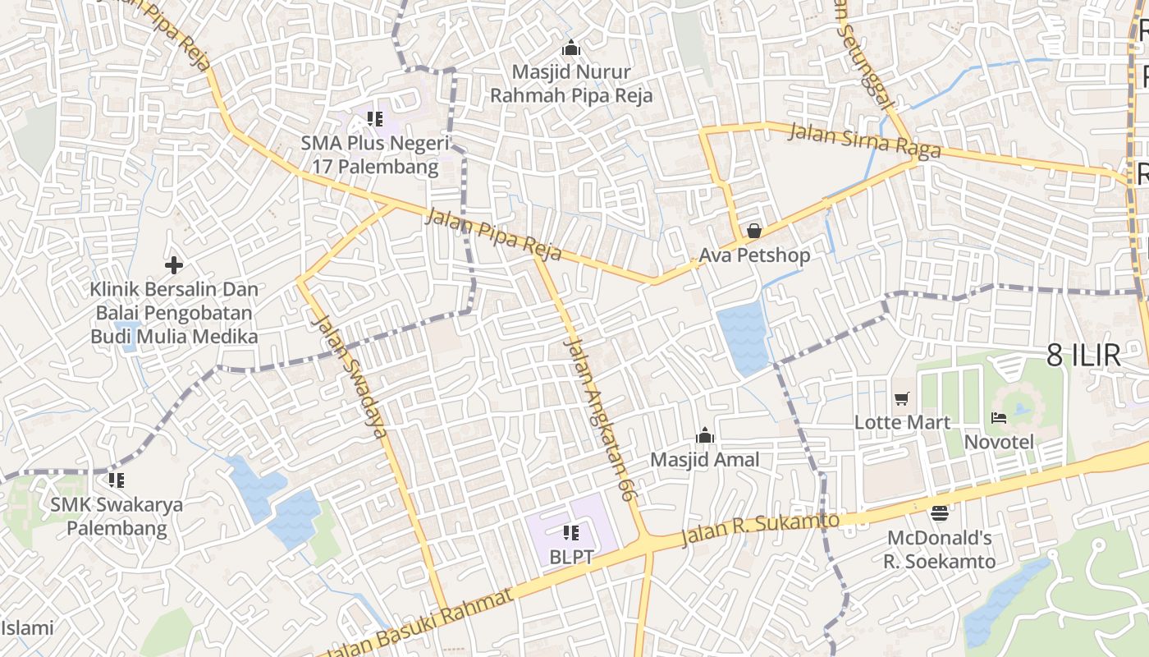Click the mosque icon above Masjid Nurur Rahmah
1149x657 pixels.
[571, 48]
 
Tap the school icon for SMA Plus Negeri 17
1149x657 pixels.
[375, 119]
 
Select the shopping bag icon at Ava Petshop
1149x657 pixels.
[753, 231]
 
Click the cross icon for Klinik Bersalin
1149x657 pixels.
[173, 265]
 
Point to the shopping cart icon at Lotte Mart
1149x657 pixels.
[902, 399]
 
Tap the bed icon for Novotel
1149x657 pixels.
[999, 418]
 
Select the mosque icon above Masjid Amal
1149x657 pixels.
[704, 435]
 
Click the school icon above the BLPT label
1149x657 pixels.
[571, 533]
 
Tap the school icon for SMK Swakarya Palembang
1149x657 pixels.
[116, 480]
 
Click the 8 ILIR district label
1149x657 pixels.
[1083, 356]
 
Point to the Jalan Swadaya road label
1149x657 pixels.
[350, 376]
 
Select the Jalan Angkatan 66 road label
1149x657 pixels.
[600, 418]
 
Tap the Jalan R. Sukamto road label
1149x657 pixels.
[761, 530]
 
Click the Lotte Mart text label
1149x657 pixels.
[902, 422]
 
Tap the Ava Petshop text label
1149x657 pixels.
[753, 255]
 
